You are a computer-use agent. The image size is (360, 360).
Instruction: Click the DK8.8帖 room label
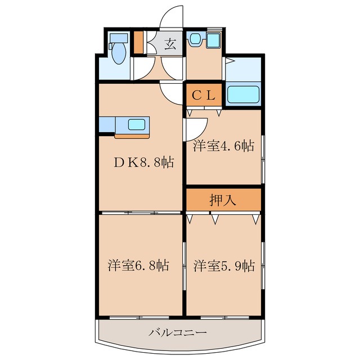tap(143, 163)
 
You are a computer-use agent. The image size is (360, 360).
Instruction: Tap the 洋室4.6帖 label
tap(224, 146)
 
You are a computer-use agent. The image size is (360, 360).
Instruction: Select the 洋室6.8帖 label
tap(139, 265)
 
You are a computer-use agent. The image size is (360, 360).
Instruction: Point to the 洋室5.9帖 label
tap(224, 265)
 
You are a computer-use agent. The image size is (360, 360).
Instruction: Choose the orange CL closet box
tap(205, 95)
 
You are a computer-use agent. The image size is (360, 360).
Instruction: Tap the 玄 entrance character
tap(170, 44)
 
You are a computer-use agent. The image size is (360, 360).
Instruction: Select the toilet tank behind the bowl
tap(118, 38)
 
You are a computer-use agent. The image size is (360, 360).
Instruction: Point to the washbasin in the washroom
tap(195, 39)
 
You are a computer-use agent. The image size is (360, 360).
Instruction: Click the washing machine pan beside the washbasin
tap(213, 39)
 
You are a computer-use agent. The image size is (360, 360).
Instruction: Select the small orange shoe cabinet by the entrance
tap(139, 43)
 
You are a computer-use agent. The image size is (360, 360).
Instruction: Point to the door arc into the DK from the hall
tap(170, 90)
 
